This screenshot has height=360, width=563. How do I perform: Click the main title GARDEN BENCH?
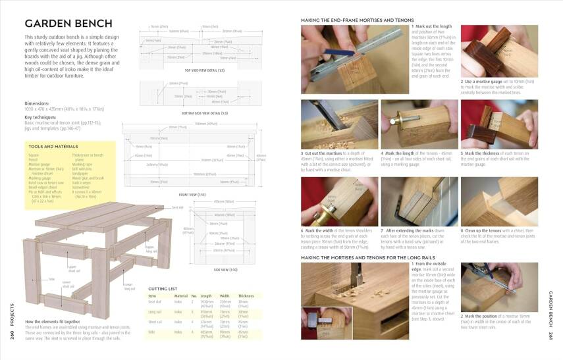68,24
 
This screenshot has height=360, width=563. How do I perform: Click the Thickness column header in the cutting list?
245,296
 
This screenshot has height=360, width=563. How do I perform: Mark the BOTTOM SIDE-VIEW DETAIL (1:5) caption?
205,113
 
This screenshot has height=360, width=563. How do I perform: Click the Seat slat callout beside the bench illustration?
177,207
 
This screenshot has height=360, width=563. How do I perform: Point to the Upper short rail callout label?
73,269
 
